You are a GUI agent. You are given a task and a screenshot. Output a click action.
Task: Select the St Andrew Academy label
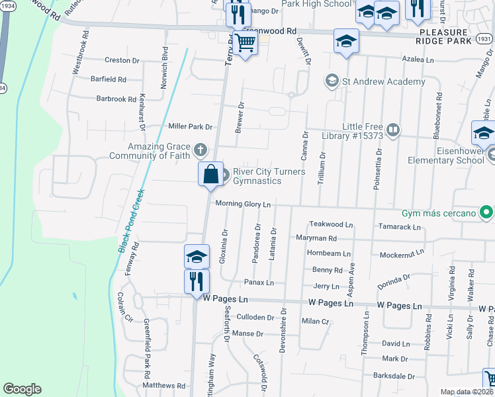pyautogui.click(x=383, y=82)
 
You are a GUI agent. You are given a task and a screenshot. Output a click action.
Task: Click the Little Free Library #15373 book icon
pyautogui.click(x=393, y=130)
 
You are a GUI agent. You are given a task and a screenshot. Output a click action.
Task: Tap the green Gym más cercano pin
pyautogui.click(x=486, y=213)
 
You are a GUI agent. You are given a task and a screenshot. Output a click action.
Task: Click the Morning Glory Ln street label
pyautogui.click(x=242, y=204)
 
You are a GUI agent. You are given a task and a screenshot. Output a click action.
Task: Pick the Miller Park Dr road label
pyautogui.click(x=190, y=126)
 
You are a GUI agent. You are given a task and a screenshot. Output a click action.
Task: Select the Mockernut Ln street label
pyautogui.click(x=401, y=254)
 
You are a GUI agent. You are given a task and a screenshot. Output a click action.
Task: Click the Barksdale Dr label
pyautogui.click(x=393, y=376)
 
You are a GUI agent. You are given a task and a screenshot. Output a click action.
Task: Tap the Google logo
pyautogui.click(x=22, y=389)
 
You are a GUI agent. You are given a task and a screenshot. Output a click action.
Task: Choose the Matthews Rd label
pyautogui.click(x=164, y=385)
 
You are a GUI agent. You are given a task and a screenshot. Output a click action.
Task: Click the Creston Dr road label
pyautogui.click(x=122, y=60)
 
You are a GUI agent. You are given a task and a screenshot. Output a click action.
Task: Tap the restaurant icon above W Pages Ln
pyautogui.click(x=197, y=281)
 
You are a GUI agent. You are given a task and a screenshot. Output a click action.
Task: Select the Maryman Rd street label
pyautogui.click(x=316, y=238)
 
